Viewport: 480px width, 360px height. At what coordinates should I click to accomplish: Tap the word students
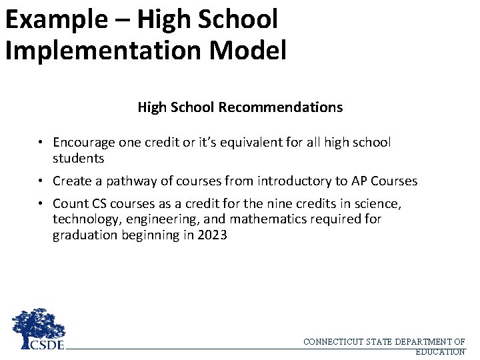[79, 159]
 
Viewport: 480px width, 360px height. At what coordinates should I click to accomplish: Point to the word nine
[287, 203]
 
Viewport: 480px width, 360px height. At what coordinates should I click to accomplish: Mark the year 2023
[213, 235]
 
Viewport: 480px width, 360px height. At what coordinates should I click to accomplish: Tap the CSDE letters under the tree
[47, 344]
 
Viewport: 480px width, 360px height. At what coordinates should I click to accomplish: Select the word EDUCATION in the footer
[440, 351]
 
